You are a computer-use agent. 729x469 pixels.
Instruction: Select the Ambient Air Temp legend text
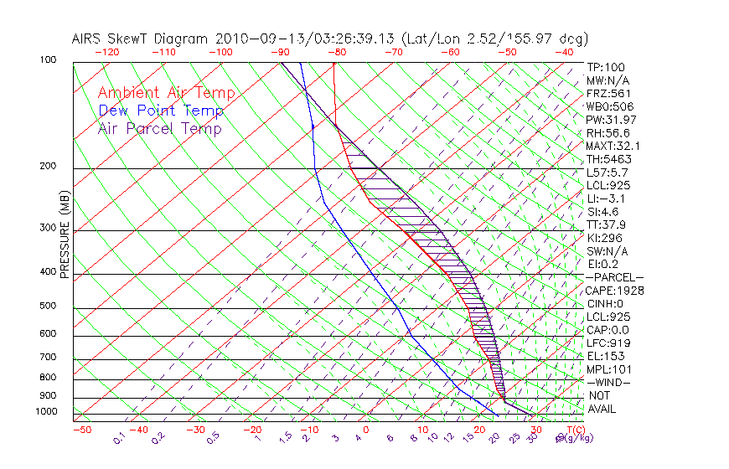(x=166, y=94)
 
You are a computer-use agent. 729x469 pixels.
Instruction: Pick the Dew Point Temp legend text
(x=161, y=111)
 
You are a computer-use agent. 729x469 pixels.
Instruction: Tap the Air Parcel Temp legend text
(x=159, y=129)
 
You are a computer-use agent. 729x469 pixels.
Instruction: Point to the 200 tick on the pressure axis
(x=47, y=167)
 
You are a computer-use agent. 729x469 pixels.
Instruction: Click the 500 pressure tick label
(x=47, y=307)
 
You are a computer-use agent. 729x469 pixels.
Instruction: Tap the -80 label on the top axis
(x=337, y=51)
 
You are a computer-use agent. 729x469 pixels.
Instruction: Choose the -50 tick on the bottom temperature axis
(x=81, y=430)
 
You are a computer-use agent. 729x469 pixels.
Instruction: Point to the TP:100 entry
(x=605, y=68)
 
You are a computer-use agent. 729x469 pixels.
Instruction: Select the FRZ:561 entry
(x=608, y=94)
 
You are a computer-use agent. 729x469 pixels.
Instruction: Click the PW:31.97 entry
(x=612, y=120)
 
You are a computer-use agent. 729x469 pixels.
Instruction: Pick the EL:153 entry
(x=605, y=356)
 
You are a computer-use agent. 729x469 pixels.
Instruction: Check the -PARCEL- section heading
(x=614, y=277)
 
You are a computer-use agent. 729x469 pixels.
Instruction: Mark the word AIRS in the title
(x=88, y=39)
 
